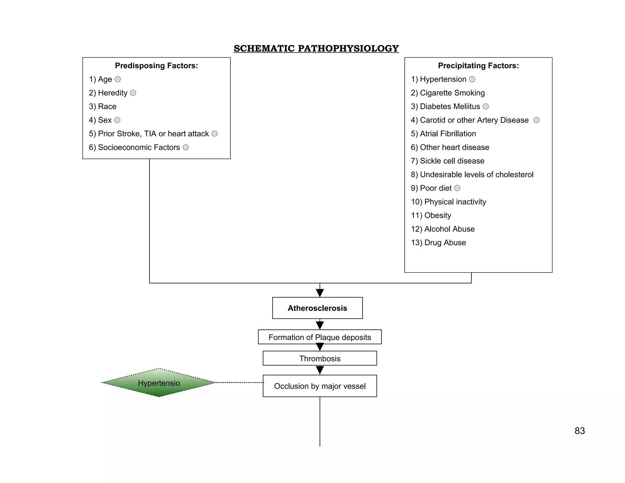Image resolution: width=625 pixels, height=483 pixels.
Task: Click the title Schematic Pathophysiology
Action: tap(316, 48)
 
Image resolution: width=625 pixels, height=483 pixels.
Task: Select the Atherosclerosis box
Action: tap(317, 308)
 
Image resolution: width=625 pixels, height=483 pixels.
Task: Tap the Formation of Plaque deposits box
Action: tap(320, 337)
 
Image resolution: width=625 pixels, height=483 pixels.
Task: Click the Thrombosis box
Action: tap(320, 358)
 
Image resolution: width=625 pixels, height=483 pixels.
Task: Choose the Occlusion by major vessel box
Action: tap(320, 386)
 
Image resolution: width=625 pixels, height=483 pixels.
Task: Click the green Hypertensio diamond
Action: tap(159, 383)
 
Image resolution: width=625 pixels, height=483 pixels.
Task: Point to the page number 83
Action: tap(580, 431)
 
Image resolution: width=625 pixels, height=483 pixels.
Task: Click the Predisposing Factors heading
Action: tap(157, 66)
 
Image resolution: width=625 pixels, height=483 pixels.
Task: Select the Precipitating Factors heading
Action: tap(478, 66)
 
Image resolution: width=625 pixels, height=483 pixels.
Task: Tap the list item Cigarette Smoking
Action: tap(448, 93)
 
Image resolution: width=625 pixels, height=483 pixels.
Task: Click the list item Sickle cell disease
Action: tap(447, 161)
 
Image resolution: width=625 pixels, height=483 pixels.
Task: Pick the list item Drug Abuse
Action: tap(438, 242)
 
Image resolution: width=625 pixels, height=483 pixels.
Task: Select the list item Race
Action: tap(103, 106)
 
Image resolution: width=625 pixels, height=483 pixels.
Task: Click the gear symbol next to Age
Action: tap(118, 79)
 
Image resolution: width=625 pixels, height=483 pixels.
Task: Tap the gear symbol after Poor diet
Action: tap(457, 188)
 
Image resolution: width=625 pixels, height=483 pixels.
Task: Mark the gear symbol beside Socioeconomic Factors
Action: tap(186, 147)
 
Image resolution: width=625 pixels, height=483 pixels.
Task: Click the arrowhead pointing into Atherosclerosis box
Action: tap(320, 293)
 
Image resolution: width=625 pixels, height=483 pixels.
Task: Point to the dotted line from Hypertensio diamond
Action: tap(240, 383)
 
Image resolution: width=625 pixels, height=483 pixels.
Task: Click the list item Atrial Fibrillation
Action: tap(443, 134)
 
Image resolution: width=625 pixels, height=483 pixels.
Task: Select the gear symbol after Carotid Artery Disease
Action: tap(536, 120)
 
